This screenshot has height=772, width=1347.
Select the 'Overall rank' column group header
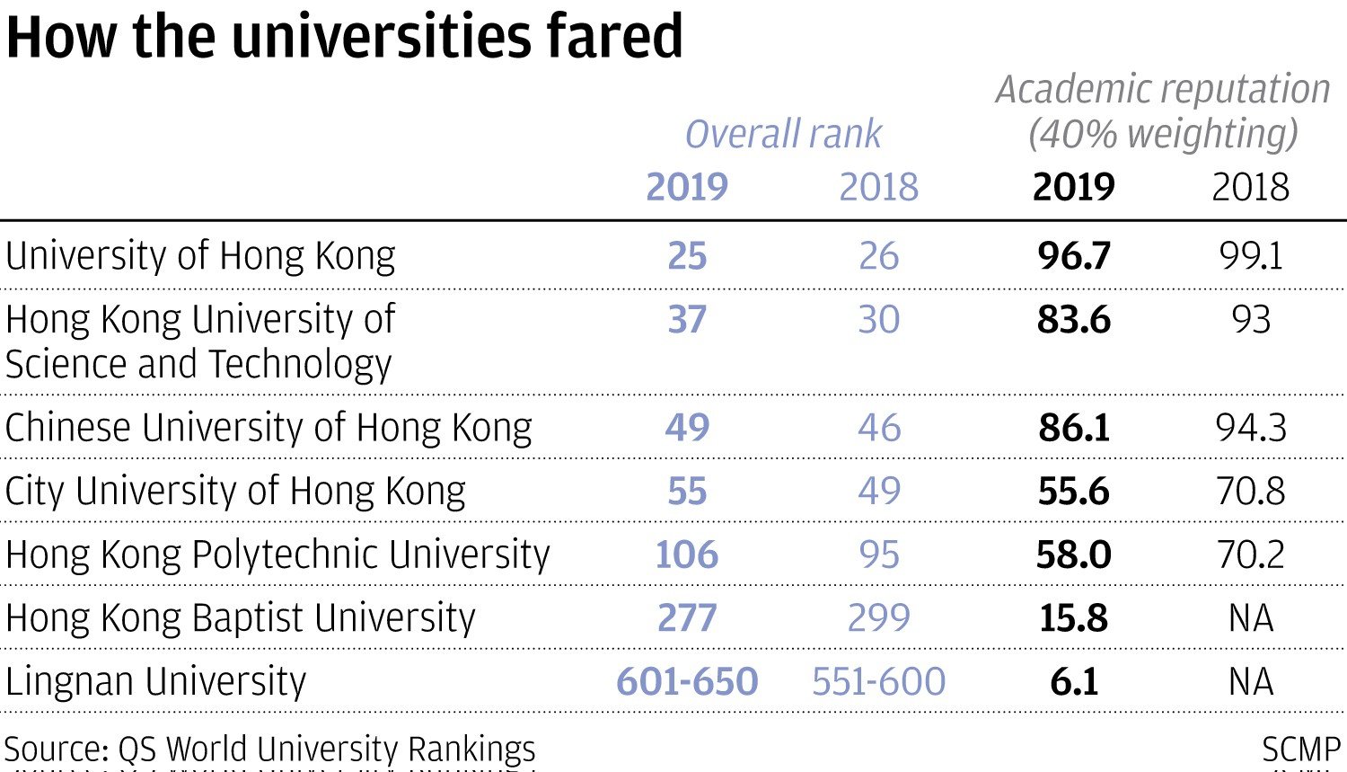coord(783,135)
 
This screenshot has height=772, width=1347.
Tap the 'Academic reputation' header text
coord(1163,90)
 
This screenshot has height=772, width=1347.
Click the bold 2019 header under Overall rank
coord(687,187)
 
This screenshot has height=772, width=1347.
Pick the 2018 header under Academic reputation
coord(1250,187)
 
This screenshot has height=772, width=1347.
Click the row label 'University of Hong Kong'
coord(199,256)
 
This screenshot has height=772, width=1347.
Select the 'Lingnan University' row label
coord(155,681)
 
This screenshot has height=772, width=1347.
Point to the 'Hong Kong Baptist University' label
coord(240,618)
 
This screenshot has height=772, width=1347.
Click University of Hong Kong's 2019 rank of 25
coord(687,256)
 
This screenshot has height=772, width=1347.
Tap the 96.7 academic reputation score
coord(1074,256)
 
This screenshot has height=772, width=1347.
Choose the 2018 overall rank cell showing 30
coord(878,320)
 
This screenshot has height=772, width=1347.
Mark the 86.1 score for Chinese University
coord(1074,428)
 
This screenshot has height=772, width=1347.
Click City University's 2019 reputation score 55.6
coord(1074,492)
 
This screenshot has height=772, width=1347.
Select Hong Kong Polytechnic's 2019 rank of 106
coord(687,555)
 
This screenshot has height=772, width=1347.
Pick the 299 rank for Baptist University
coord(878,618)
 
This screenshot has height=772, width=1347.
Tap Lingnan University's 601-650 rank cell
coord(687,681)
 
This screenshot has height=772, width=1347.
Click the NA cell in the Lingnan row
coord(1250,681)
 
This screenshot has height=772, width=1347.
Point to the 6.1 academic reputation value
coord(1074,681)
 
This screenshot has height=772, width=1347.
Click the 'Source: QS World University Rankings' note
coord(269,749)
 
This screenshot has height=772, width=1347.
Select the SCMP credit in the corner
coord(1300,749)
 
